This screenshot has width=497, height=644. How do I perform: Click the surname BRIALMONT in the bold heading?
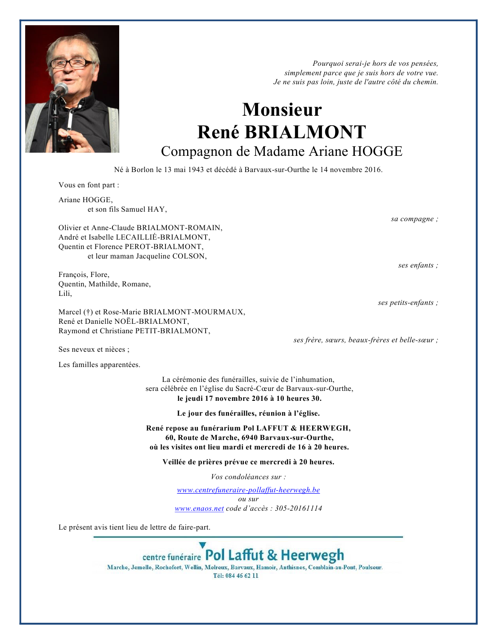coord(305,132)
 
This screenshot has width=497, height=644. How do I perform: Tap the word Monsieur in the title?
coord(282,110)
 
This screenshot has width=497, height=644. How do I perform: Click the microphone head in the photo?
coord(59,89)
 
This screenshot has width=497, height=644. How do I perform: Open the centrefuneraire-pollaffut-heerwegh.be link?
coord(248,490)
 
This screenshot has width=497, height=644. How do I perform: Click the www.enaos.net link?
coord(199,508)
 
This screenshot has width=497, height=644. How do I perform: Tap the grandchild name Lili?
coord(65,294)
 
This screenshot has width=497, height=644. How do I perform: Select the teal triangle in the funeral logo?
coord(202,545)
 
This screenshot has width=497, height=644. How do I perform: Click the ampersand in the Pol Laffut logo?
coord(272,555)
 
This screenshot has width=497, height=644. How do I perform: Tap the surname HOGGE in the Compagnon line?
coord(377,151)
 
